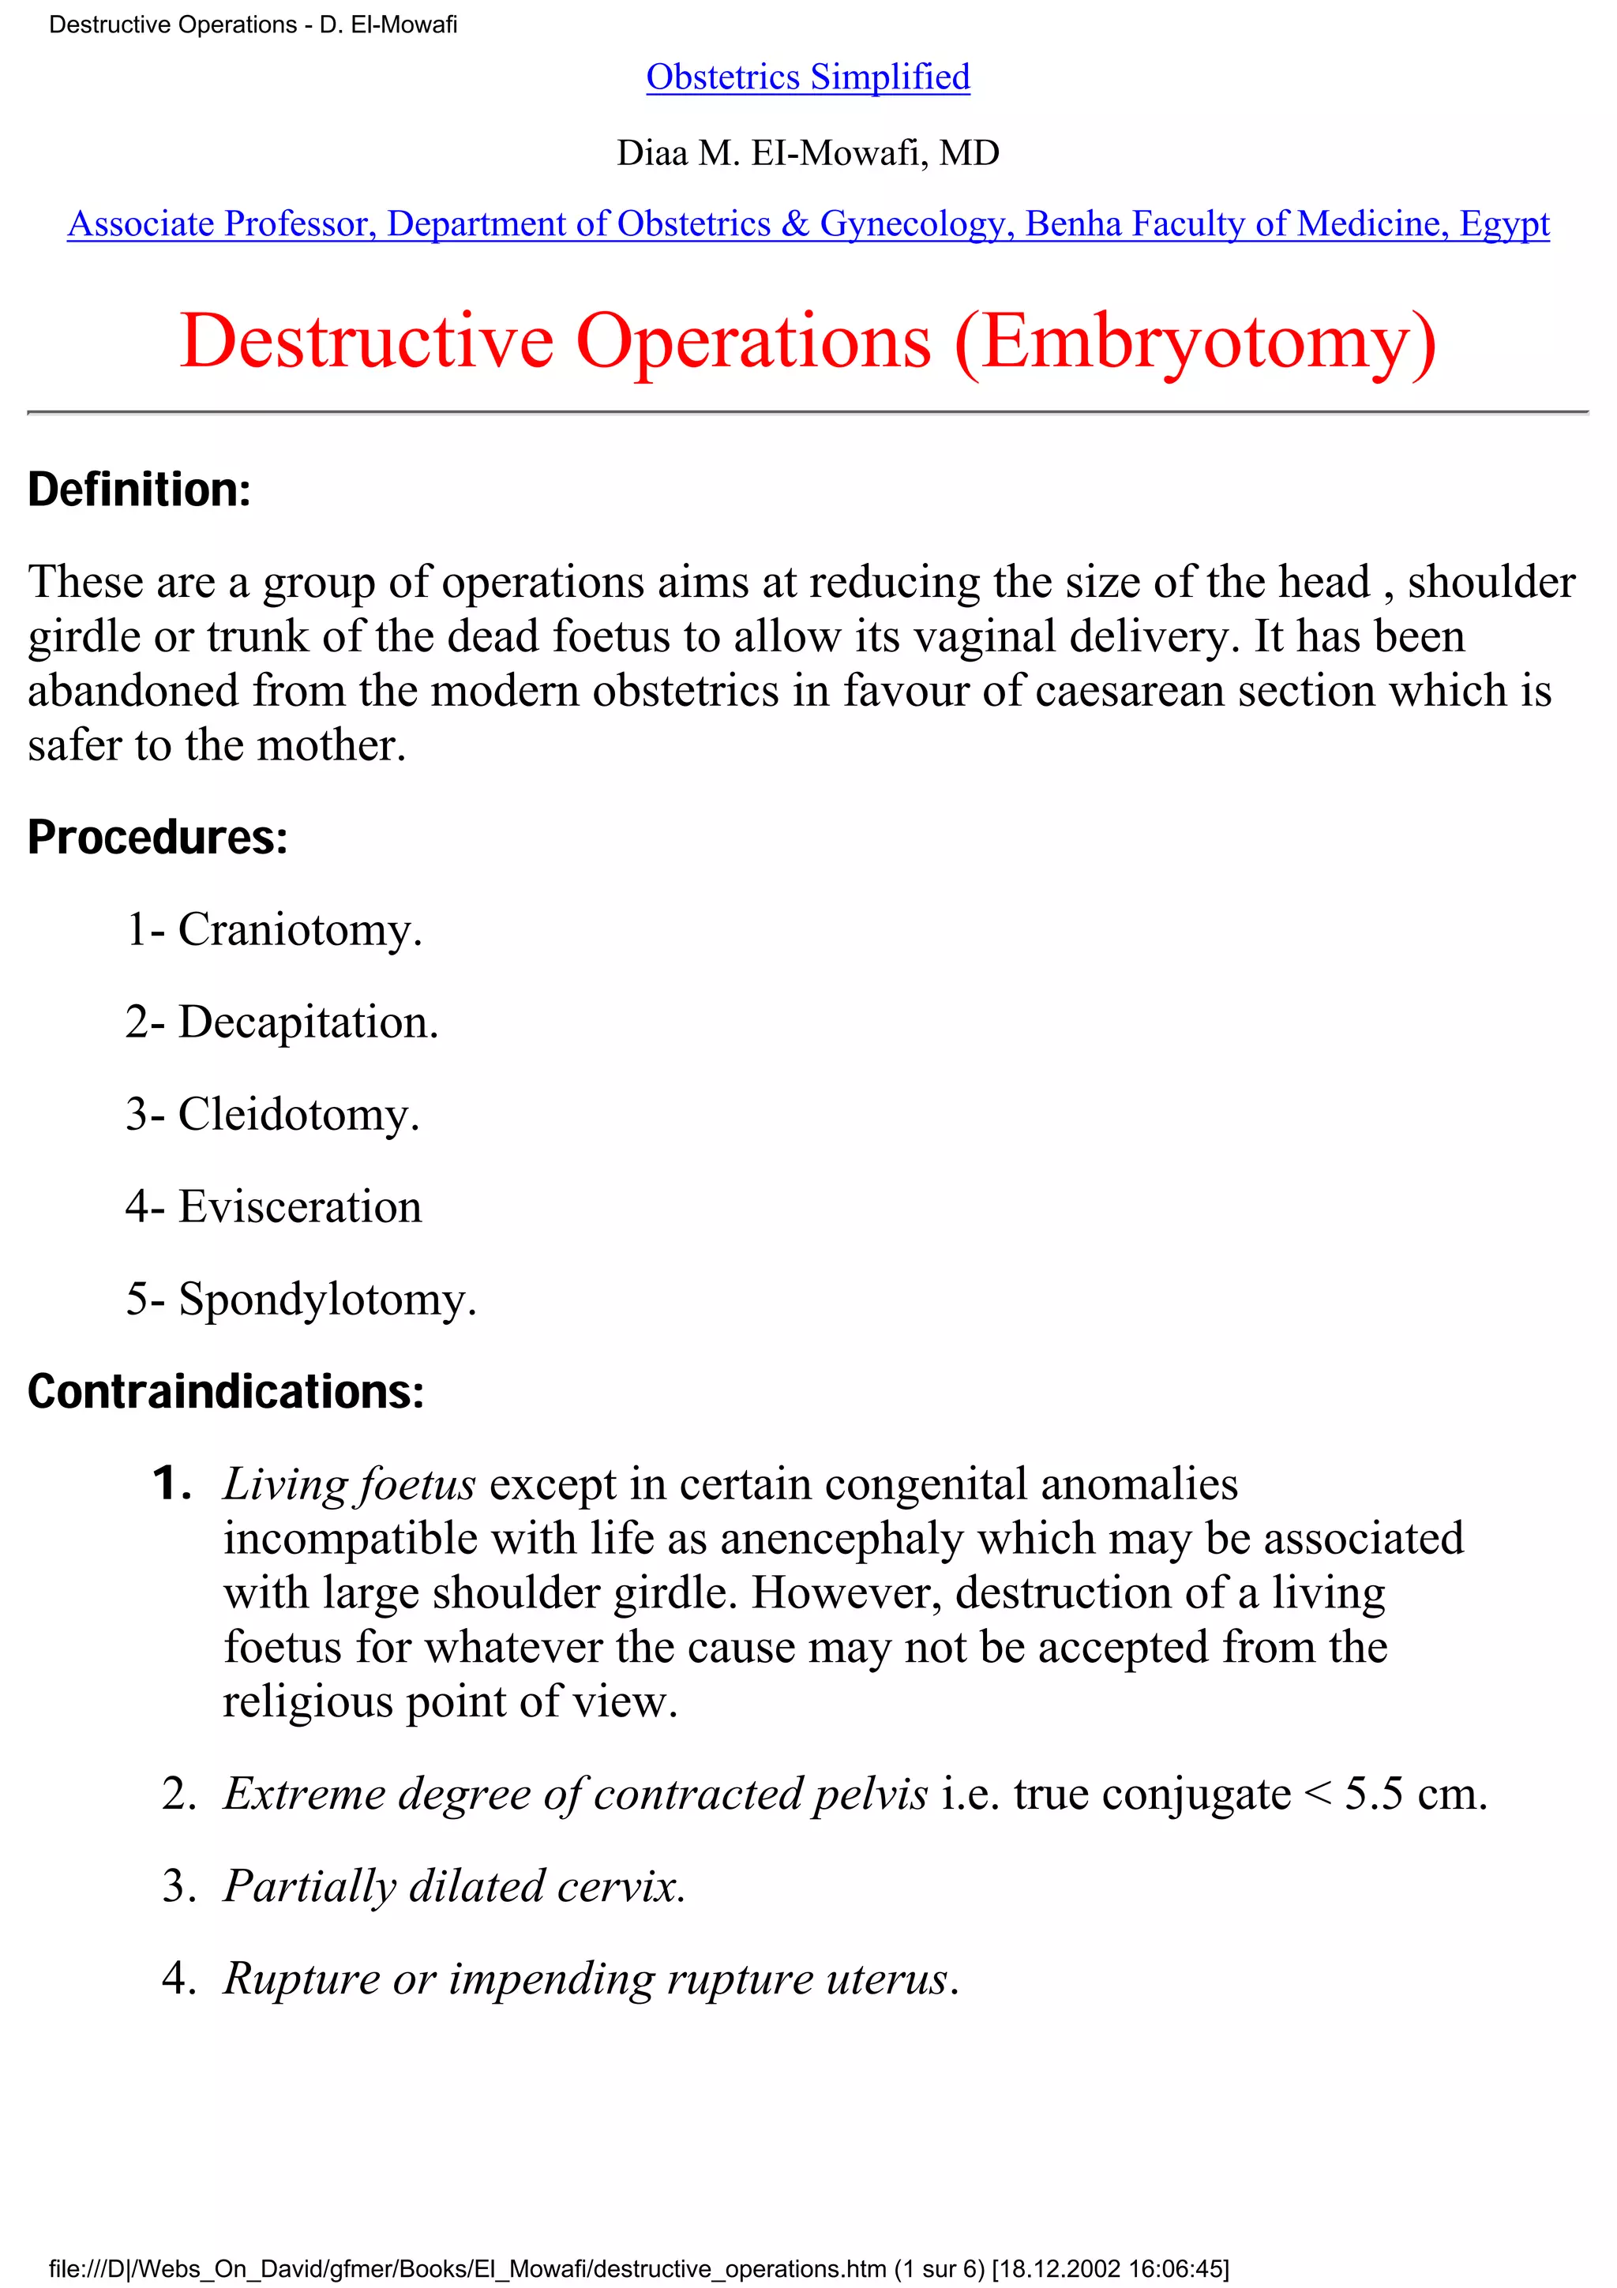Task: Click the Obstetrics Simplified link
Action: (808, 77)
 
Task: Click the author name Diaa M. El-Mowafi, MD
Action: (808, 152)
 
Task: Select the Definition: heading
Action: (140, 489)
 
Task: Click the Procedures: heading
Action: (157, 837)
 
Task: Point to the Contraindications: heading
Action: (226, 1391)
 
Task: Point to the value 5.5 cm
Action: (1415, 1795)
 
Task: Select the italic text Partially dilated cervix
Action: (454, 1886)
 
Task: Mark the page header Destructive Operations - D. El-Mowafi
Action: (253, 25)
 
